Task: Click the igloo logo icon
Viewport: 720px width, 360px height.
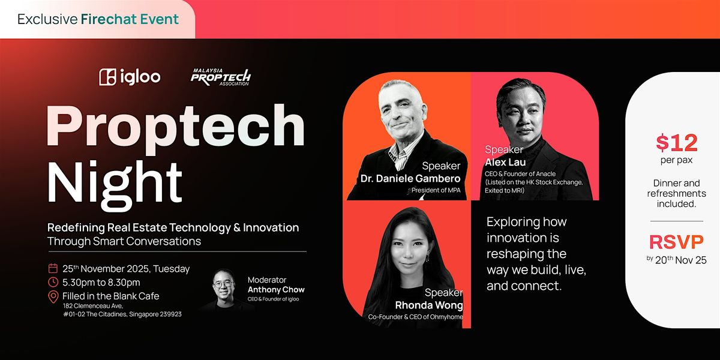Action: click(x=108, y=77)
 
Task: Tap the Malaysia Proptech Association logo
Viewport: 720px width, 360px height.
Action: click(x=221, y=77)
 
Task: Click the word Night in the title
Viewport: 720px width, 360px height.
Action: click(x=115, y=179)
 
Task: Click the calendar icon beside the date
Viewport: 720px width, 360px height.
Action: click(x=53, y=268)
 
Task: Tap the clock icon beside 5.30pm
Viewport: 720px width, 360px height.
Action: click(x=53, y=282)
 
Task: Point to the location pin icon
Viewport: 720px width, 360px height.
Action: click(x=53, y=296)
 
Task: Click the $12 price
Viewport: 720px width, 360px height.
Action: click(x=676, y=143)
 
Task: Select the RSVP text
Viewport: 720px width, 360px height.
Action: click(x=676, y=242)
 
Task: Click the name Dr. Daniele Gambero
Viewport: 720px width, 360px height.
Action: click(x=410, y=178)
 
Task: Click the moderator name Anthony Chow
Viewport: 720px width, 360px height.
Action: click(x=276, y=290)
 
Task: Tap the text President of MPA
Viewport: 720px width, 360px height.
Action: click(x=436, y=191)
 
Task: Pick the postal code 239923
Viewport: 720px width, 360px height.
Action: click(x=168, y=314)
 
